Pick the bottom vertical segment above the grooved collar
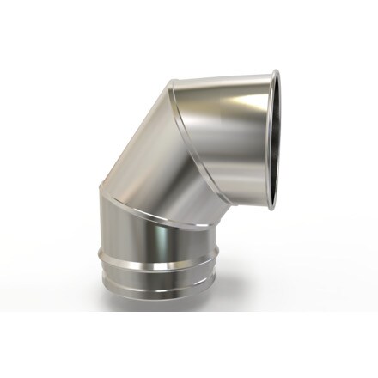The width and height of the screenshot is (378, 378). [163, 241]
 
